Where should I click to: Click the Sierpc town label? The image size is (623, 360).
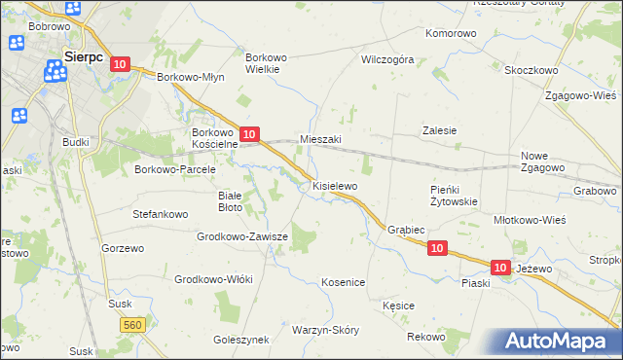[x=83, y=56]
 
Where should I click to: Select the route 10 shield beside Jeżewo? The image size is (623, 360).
[x=500, y=267]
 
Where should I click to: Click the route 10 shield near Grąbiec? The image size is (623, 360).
[x=437, y=249]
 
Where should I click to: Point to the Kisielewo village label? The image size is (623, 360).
[x=335, y=185]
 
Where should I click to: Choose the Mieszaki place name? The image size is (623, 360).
[x=321, y=139]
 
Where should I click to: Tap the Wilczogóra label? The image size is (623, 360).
[x=387, y=59]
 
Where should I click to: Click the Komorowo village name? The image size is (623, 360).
[x=452, y=33]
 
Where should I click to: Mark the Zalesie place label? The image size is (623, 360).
[x=439, y=129]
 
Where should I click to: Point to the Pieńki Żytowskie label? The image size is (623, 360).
[x=453, y=196]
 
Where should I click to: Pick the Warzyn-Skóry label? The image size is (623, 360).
[x=325, y=330]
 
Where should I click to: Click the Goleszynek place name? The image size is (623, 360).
[x=240, y=341]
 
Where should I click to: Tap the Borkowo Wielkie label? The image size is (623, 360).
[x=266, y=63]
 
